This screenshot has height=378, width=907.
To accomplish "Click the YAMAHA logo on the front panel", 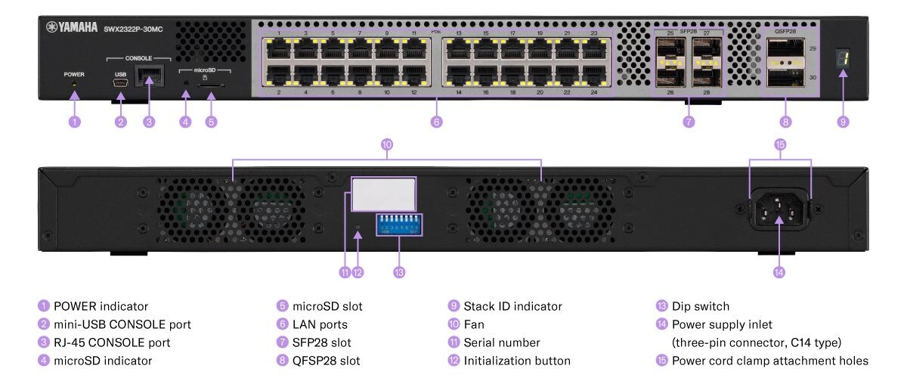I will point(73,27).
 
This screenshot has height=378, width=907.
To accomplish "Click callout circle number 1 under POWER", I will point(74,121).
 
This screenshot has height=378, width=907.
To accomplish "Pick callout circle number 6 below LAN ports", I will point(436,121).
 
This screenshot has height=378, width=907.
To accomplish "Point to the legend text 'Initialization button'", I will point(517,361).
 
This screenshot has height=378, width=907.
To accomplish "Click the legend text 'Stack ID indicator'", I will point(512,306).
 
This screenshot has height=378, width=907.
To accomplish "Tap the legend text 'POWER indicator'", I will point(101,306).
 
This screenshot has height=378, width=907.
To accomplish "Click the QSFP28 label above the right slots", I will point(786,32).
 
